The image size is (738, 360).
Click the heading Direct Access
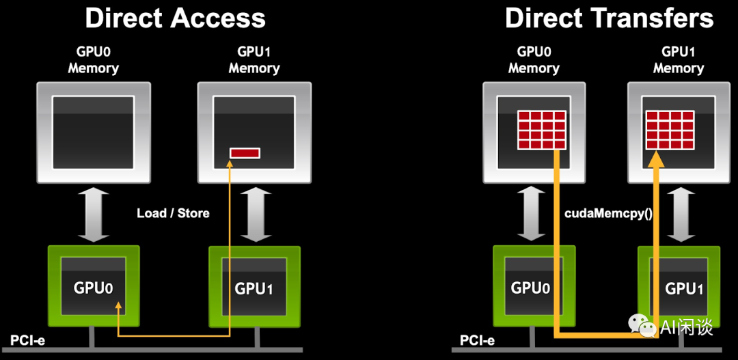pyautogui.click(x=175, y=18)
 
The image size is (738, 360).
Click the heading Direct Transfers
pyautogui.click(x=609, y=18)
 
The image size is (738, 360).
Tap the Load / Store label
pyautogui.click(x=173, y=213)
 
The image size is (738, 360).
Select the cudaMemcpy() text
pyautogui.click(x=608, y=213)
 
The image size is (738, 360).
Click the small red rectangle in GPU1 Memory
pyautogui.click(x=245, y=153)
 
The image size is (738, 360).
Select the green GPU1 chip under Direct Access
pyautogui.click(x=254, y=287)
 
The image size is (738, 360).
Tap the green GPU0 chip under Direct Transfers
pyautogui.click(x=530, y=287)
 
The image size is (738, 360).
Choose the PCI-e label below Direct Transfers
pyautogui.click(x=477, y=340)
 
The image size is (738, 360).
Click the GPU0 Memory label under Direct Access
pyautogui.click(x=93, y=60)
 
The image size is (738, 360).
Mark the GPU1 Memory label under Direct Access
pyautogui.click(x=254, y=60)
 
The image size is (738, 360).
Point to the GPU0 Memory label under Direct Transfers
pyautogui.click(x=534, y=60)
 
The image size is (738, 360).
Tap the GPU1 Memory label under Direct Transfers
pyautogui.click(x=678, y=60)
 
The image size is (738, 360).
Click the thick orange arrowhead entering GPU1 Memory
pyautogui.click(x=656, y=161)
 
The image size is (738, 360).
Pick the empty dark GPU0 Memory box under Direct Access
pyautogui.click(x=93, y=132)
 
